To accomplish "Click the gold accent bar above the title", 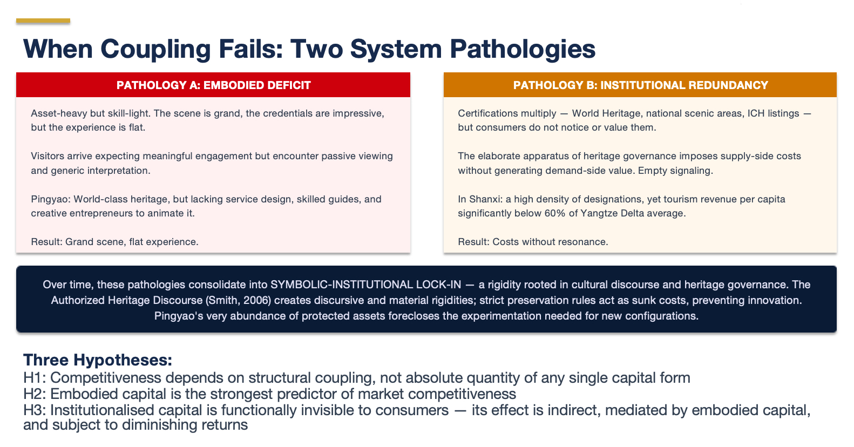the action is tap(43, 21).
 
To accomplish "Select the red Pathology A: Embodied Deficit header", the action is tap(213, 85).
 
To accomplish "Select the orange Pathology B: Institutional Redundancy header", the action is tap(640, 85).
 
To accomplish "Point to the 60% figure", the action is tap(555, 213).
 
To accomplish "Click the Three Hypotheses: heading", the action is tap(98, 360).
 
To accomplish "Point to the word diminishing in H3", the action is tap(170, 425).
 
